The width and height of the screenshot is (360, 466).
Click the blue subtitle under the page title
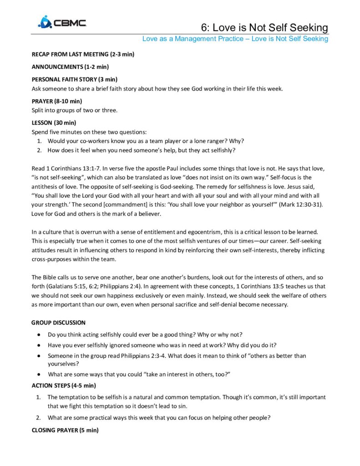235,39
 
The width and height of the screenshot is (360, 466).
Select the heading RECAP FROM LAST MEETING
82,55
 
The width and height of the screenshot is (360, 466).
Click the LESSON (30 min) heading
54,123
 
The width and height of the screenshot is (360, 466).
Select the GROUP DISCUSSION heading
58,323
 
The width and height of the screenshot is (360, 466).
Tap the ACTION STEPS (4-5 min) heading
63,386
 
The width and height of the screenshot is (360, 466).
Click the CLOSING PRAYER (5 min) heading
64,430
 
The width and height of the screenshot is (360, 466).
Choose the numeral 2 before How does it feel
39,150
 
